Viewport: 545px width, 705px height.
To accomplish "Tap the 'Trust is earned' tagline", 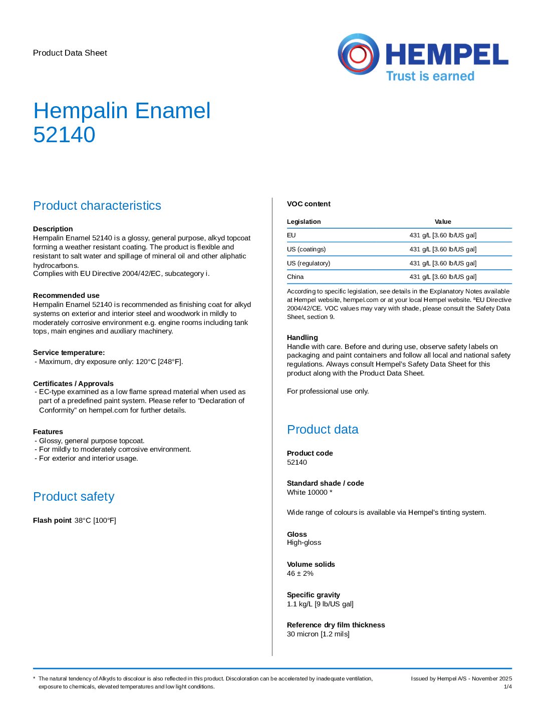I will tap(430, 76).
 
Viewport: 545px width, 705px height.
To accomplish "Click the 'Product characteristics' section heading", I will tap(97, 206).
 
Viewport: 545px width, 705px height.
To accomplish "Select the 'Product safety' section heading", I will tap(74, 497).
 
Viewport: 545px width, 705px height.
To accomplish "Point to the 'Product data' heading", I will tap(323, 430).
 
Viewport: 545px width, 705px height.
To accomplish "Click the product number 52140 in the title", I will tap(64, 135).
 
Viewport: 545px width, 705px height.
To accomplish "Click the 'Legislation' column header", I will tap(304, 222).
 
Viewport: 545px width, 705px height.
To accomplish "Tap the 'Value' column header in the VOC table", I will tap(443, 222).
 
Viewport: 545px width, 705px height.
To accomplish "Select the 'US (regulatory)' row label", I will tap(309, 263).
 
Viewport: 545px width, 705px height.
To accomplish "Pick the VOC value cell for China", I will tap(443, 277).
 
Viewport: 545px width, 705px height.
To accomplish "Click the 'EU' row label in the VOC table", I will tap(292, 235).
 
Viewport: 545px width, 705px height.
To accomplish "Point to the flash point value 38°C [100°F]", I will tap(95, 521).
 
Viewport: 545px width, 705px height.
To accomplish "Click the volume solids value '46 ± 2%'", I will tap(300, 574).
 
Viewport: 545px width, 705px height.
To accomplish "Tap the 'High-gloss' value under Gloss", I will tap(304, 543).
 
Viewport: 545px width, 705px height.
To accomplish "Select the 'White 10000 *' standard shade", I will tap(310, 493).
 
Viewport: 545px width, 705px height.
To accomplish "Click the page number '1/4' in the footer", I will tap(507, 687).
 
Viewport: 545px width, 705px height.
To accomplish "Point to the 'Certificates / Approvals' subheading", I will tap(73, 384).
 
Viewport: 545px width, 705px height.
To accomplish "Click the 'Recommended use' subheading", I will tap(66, 295).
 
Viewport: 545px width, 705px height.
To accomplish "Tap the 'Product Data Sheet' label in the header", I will tap(70, 53).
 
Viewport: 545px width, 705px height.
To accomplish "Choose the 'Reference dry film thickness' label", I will tap(336, 625).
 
